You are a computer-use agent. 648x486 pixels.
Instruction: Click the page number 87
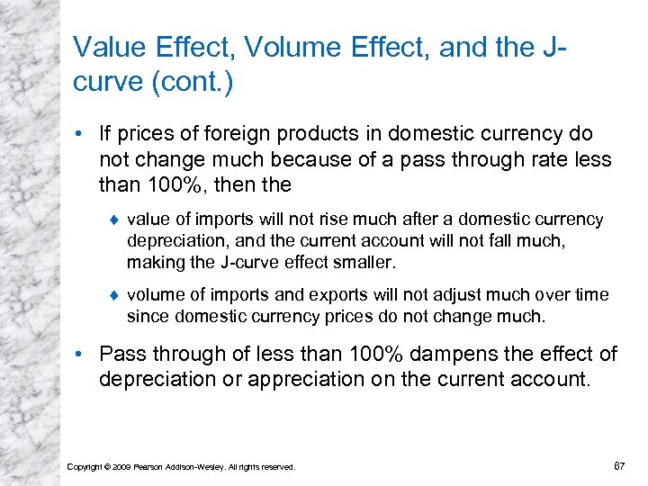click(618, 465)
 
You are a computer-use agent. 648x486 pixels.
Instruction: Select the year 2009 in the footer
click(121, 466)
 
